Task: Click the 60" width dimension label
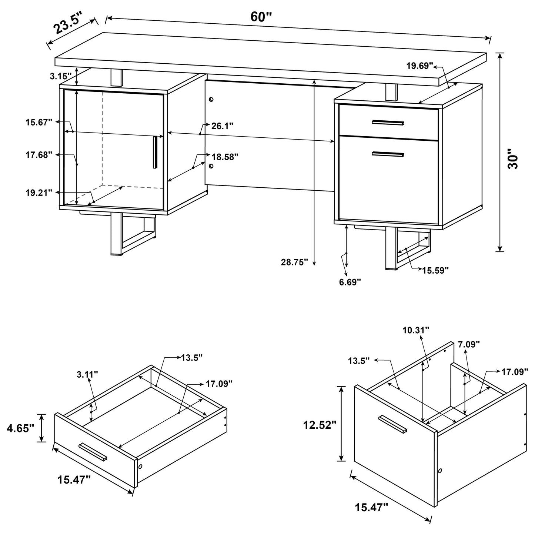[x=261, y=17]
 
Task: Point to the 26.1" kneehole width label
[x=222, y=126]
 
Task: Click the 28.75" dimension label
[x=295, y=262]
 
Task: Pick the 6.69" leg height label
[x=350, y=282]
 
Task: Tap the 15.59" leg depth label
[x=435, y=270]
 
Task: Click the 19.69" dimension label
[x=419, y=66]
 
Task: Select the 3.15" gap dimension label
[x=60, y=76]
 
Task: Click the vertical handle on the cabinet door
[x=155, y=152]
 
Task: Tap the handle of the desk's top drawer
[x=388, y=123]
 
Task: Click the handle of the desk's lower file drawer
[x=388, y=154]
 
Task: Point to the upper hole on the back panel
[x=211, y=100]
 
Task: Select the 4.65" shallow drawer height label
[x=20, y=428]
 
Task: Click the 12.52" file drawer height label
[x=320, y=425]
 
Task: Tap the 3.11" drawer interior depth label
[x=87, y=374]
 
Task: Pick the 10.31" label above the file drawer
[x=417, y=330]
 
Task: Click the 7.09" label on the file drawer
[x=469, y=344]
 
